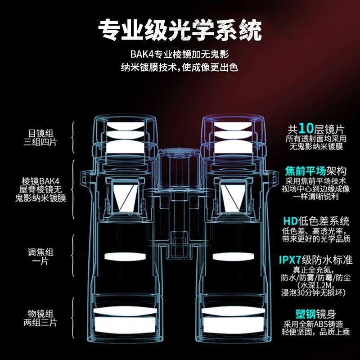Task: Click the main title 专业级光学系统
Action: point(180,30)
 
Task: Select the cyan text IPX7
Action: point(292,260)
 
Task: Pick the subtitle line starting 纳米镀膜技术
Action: point(180,68)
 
